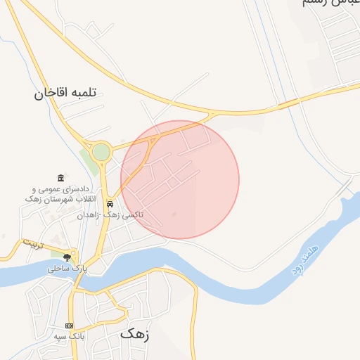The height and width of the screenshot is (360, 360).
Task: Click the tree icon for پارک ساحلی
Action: [67, 257]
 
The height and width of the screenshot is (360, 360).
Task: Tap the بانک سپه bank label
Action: [70, 337]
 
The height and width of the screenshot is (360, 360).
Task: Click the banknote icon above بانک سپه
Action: [69, 326]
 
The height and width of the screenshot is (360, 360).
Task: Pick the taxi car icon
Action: [110, 204]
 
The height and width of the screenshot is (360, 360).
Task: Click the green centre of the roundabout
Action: [101, 152]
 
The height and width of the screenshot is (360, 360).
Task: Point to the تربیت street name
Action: [34, 244]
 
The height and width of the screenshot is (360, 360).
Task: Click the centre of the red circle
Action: [180, 179]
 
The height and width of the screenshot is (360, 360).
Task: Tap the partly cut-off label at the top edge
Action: [325, 4]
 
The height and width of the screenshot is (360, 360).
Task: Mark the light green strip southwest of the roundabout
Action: [89, 163]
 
